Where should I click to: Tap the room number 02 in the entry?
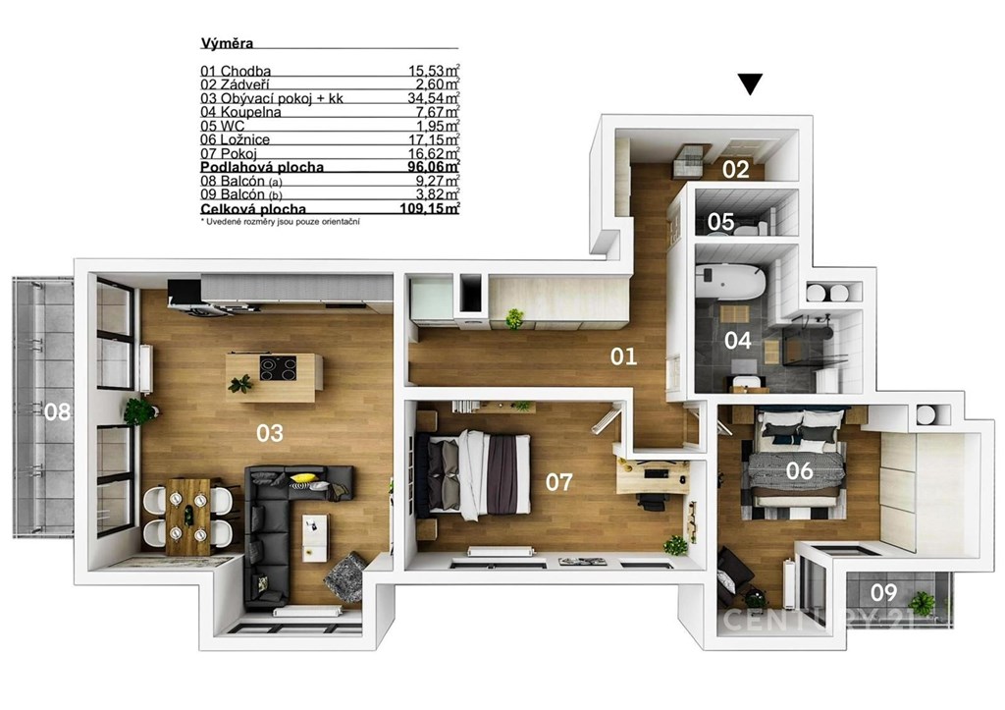[x=736, y=169]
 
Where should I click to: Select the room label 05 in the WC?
[x=721, y=222]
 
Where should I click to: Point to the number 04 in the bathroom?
[x=738, y=340]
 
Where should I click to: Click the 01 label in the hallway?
[x=623, y=356]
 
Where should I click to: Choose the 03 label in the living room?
[x=270, y=434]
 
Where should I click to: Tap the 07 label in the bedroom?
[x=558, y=482]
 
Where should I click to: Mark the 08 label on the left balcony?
[x=58, y=411]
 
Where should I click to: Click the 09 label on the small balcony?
[x=884, y=592]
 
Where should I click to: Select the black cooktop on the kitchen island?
[x=278, y=368]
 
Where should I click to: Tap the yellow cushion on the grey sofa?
[x=303, y=478]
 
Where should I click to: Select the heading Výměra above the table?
[x=227, y=43]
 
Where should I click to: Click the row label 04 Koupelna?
[x=241, y=112]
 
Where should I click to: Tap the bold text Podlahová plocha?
[x=262, y=167]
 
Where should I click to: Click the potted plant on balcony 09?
[x=923, y=604]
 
